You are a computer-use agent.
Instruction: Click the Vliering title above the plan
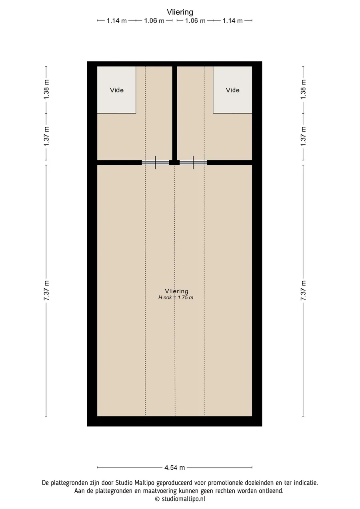coord(180,12)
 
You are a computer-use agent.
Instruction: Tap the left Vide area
coord(116,90)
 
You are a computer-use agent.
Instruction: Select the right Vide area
coord(232,90)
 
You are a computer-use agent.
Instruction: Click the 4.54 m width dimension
coord(174,467)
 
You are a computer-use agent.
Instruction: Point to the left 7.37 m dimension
coord(46,291)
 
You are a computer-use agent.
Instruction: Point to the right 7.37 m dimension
coord(303,291)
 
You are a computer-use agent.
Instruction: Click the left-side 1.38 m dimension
coord(46,90)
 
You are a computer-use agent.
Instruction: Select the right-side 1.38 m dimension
coord(303,90)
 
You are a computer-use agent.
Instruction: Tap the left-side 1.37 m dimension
coord(46,136)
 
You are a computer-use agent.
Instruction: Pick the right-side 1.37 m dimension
coord(303,136)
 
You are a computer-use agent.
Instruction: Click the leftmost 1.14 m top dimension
coord(116,21)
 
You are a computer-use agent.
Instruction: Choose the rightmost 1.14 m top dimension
coord(232,21)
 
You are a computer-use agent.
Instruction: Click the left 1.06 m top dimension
coord(154,21)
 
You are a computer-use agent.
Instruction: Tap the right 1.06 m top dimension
coord(195,21)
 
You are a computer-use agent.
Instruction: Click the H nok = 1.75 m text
coord(176,297)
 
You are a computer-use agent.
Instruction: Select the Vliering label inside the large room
coord(176,291)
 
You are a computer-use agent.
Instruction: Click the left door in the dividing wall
coord(156,162)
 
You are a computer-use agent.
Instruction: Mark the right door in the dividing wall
coord(193,162)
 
